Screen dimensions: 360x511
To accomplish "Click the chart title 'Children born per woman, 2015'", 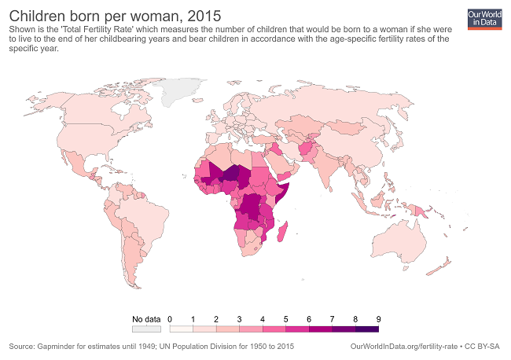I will tap(115, 15).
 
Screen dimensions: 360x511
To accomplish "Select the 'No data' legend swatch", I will tap(146, 329).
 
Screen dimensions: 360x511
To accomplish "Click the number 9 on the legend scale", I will tap(379, 318).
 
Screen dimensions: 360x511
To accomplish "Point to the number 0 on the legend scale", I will tap(170, 318).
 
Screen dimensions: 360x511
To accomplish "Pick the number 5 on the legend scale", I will tap(286, 318).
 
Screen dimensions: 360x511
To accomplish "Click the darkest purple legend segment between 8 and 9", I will tap(367, 329).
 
